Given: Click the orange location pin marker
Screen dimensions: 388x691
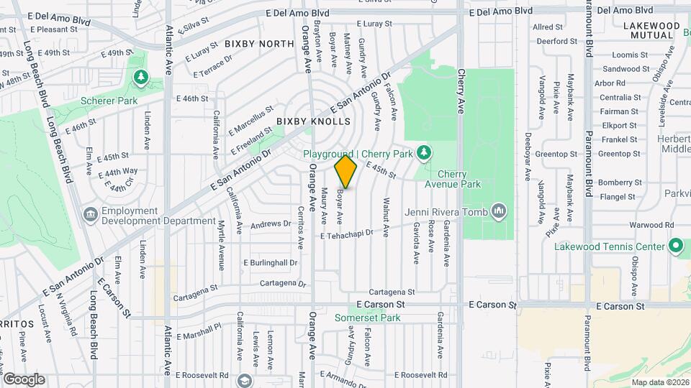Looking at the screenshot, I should point(346,172).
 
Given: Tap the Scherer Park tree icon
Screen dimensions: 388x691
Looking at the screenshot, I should point(140,77).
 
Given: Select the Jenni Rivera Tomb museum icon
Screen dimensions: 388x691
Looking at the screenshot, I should point(499,211).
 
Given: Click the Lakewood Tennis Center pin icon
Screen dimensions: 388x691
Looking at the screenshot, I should point(675,246).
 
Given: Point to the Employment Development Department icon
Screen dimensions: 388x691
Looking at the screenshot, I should point(91,214).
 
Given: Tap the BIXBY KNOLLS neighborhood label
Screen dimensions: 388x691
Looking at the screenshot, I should point(313,122).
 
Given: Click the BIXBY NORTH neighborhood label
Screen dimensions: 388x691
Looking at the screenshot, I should point(259,44).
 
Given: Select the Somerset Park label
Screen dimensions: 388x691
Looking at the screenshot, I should point(365,318).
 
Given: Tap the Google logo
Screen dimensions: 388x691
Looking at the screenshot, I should point(24,379).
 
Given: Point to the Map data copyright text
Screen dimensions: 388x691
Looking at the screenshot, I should point(660,382).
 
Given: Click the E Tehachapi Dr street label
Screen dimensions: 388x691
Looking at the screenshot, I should point(348,234).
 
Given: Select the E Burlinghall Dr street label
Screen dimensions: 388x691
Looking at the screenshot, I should point(270,263).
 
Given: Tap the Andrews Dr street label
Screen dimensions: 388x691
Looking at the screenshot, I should point(270,225).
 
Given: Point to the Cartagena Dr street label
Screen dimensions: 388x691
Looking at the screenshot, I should point(282,283).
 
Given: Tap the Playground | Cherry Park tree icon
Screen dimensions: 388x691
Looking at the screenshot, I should point(425,152).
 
